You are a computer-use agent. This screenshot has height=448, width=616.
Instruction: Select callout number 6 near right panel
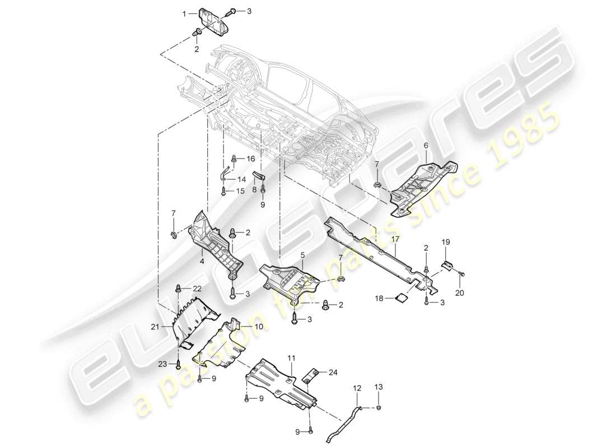pyautogui.click(x=425, y=145)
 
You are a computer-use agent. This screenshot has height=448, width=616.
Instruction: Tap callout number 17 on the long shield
pyautogui.click(x=395, y=239)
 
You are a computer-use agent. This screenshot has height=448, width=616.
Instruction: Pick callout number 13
pyautogui.click(x=379, y=386)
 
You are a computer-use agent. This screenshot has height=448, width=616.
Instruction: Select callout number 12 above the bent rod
pyautogui.click(x=357, y=387)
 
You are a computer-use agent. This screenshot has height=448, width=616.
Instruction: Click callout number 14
pyautogui.click(x=242, y=179)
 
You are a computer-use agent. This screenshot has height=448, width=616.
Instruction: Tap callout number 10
pyautogui.click(x=259, y=326)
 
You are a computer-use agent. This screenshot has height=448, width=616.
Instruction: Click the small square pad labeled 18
pyautogui.click(x=400, y=299)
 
